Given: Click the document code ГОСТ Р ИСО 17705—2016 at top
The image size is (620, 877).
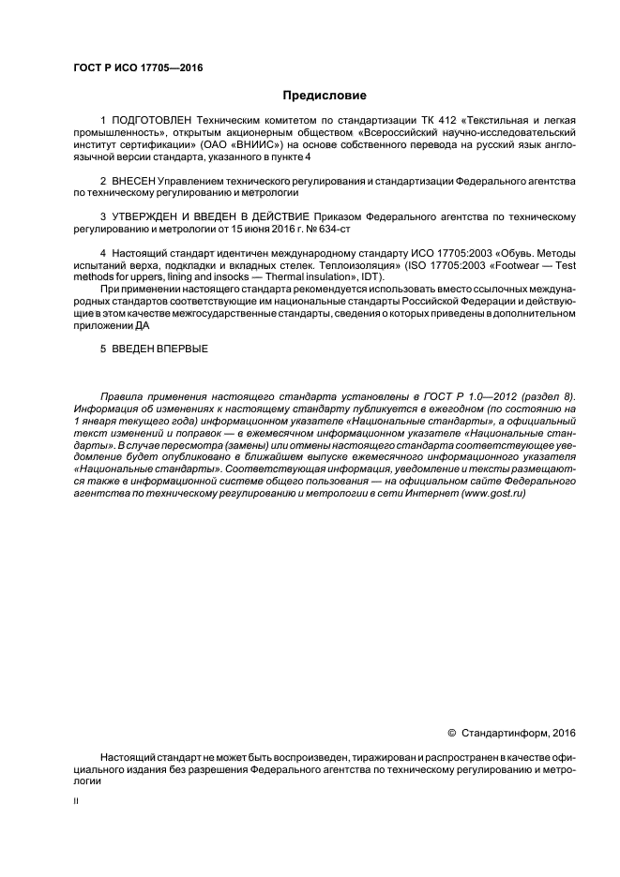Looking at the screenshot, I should (x=137, y=68).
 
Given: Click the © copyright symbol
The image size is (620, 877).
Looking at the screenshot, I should (x=451, y=733).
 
